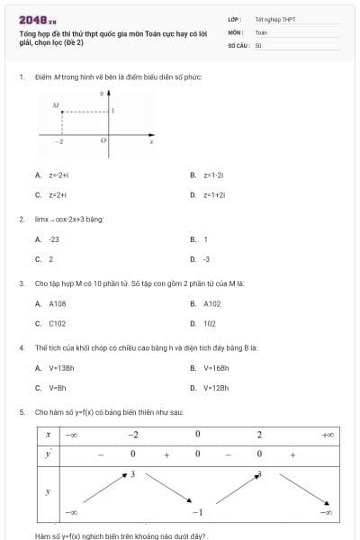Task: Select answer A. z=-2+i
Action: tap(51, 175)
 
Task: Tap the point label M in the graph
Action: tap(55, 106)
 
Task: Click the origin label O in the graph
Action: tap(103, 141)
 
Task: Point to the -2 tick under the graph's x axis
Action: tap(59, 142)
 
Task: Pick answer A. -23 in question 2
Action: tap(47, 239)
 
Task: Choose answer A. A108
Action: tap(51, 304)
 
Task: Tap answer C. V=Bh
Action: tap(50, 388)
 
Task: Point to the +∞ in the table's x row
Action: tap(328, 435)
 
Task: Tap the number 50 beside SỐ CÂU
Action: tap(258, 44)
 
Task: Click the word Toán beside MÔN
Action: tap(261, 31)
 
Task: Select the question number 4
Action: tap(21, 346)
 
